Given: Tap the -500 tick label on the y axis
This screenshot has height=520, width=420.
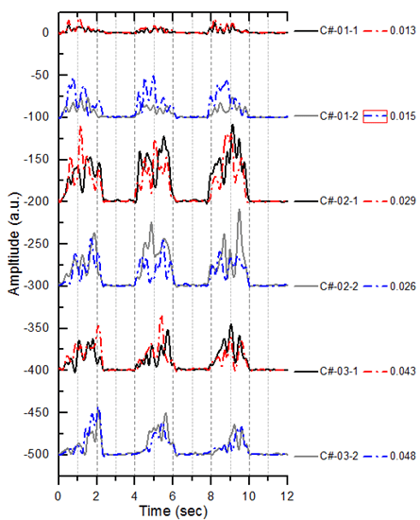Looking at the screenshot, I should pos(37,455).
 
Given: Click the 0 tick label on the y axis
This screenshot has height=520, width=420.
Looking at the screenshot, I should pos(44,31).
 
